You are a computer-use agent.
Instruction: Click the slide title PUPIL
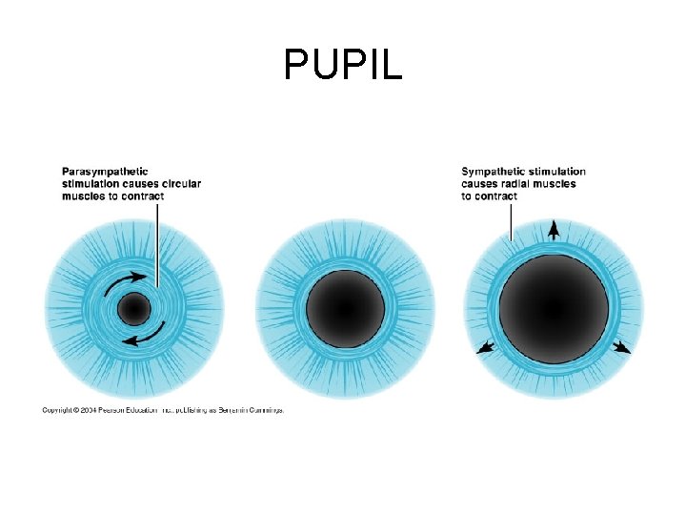tap(343, 65)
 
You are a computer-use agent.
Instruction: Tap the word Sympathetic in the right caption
tap(494, 172)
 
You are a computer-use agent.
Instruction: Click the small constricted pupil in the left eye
tap(133, 309)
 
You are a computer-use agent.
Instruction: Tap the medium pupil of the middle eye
tap(345, 309)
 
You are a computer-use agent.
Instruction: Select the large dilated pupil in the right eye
tap(554, 309)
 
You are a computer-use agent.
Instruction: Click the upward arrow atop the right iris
tap(554, 230)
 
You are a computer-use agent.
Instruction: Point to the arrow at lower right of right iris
tap(621, 348)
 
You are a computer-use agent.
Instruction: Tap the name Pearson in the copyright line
tap(126, 411)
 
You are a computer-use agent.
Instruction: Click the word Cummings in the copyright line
tap(264, 411)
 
